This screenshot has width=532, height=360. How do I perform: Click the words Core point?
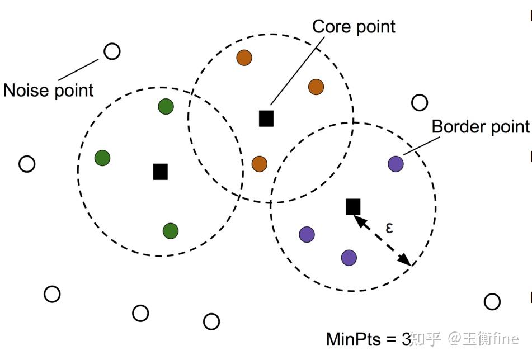tap(354, 26)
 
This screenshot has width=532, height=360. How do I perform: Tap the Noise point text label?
tap(49, 90)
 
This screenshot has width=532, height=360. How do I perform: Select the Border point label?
tap(480, 126)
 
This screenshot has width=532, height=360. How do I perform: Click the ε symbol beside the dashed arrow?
tap(389, 227)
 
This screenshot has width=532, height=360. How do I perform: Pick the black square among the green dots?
tap(161, 172)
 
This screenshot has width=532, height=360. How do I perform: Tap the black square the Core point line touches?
tap(266, 119)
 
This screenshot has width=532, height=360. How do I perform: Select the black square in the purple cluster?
tap(352, 207)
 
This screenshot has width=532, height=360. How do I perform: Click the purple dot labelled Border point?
tap(396, 164)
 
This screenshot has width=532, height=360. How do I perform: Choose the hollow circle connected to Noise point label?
tap(112, 51)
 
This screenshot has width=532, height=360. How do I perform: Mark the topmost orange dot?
tap(244, 58)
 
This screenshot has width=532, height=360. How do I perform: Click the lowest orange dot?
tap(259, 164)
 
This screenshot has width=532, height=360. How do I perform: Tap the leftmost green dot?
tap(102, 158)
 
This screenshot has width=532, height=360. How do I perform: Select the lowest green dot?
tap(171, 230)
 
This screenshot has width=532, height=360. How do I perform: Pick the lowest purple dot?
tap(349, 257)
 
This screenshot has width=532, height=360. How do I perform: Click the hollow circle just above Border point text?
tap(420, 102)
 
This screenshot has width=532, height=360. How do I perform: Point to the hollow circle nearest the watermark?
tap(492, 302)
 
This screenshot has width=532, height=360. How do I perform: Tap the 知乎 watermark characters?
tap(426, 339)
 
